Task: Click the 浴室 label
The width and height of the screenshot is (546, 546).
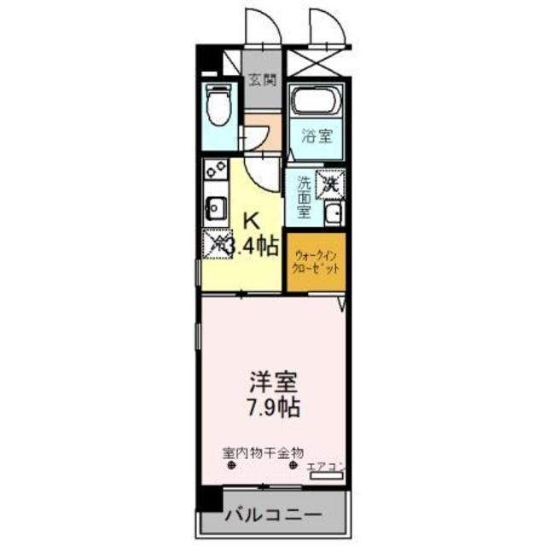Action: click(x=317, y=136)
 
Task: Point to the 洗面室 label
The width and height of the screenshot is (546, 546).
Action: click(x=304, y=195)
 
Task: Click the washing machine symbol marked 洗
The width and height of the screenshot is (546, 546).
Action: click(x=329, y=182)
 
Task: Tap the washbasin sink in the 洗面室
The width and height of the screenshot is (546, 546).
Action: click(x=334, y=213)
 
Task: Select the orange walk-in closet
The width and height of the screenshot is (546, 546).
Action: click(x=315, y=262)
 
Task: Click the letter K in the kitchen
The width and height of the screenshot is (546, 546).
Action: click(x=252, y=220)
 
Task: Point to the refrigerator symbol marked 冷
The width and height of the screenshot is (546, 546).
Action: click(x=218, y=244)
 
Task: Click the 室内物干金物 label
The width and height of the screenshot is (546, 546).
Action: click(x=264, y=454)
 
